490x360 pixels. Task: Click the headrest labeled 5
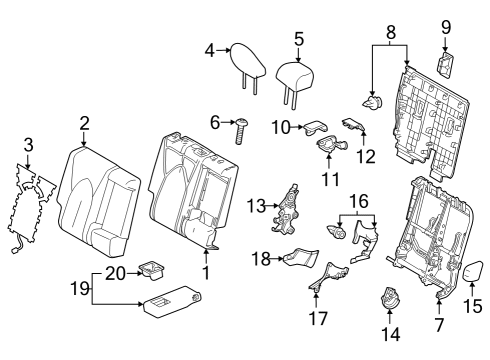292,73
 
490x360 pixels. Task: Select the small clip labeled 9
446,64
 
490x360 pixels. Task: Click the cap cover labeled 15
474,270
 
